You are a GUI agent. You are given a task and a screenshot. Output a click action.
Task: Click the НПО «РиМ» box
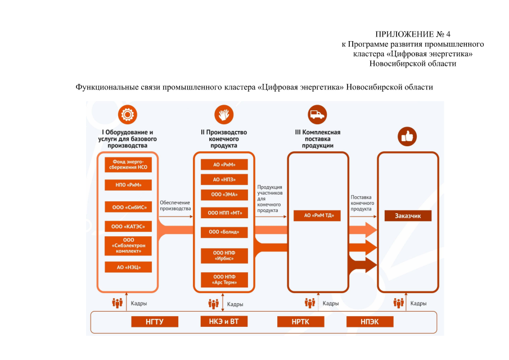coord(128,185)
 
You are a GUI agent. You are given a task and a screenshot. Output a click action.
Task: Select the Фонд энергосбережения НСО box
coord(128,164)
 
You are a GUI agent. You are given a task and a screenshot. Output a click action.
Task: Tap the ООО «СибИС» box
coord(128,207)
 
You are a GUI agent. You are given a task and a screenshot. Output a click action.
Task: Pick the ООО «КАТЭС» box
coord(128,227)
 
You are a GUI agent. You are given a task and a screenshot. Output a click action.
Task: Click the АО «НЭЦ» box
coord(128,267)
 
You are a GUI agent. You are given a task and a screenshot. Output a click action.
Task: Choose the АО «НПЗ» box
coord(224,179)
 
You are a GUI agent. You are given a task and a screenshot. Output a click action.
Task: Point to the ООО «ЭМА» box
coord(224,195)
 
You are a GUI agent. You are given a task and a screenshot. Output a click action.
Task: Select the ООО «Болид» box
coord(224,232)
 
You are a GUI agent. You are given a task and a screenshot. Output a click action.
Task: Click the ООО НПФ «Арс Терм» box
coord(224,280)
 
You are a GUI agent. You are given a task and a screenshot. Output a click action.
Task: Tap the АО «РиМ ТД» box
coord(317,215)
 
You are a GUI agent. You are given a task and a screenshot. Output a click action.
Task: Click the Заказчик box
coord(408,215)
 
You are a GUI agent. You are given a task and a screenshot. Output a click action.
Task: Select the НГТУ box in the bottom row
coord(155,322)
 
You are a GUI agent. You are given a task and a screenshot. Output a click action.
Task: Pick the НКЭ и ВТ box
coord(224,322)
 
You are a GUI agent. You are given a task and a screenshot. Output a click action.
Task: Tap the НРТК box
coord(300,322)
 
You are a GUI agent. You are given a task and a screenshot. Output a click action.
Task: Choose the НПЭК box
coord(370,322)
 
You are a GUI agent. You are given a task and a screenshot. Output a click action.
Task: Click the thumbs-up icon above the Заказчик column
coord(407,136)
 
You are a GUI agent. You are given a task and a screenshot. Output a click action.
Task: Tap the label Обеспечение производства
coord(175,205)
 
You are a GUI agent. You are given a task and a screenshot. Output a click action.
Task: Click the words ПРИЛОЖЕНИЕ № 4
coord(412,34)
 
